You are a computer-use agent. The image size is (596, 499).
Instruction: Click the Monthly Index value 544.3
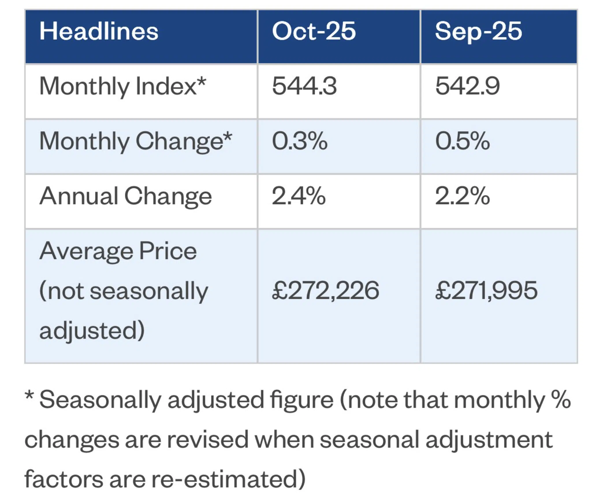pyautogui.click(x=304, y=86)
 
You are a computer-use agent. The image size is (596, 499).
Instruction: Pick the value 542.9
pyautogui.click(x=467, y=86)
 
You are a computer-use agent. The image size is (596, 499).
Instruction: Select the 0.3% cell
pyautogui.click(x=300, y=141)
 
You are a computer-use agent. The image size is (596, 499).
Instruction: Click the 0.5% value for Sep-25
pyautogui.click(x=463, y=141)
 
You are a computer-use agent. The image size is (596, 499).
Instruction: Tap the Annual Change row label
pyautogui.click(x=126, y=196)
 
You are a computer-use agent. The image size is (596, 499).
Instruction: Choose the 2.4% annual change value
pyautogui.click(x=299, y=196)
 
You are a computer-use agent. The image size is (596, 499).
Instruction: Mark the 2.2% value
pyautogui.click(x=462, y=196)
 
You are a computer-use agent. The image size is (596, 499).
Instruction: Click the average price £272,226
pyautogui.click(x=325, y=291)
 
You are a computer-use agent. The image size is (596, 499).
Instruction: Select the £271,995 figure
pyautogui.click(x=486, y=291)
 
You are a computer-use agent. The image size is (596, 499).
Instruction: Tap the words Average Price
pyautogui.click(x=118, y=251)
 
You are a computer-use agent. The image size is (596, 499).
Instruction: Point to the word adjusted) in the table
pyautogui.click(x=92, y=331)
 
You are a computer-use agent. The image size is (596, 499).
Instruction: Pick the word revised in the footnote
pyautogui.click(x=208, y=440)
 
